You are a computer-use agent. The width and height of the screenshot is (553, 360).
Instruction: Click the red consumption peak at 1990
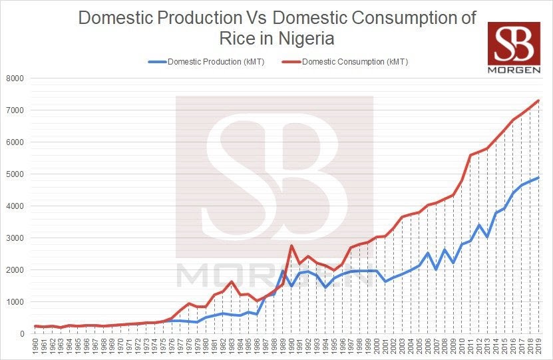pos(291,246)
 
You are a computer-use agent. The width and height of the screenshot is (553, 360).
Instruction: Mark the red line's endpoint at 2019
pos(538,100)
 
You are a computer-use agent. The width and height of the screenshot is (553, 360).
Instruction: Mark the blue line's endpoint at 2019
pos(538,178)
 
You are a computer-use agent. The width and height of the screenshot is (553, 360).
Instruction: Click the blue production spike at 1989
pos(283,271)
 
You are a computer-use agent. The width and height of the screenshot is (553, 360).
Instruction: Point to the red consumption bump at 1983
pos(231,281)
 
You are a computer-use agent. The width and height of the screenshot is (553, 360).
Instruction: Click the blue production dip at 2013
pos(487,237)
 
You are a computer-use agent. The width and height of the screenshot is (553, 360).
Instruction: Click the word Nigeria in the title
pos(297,39)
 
